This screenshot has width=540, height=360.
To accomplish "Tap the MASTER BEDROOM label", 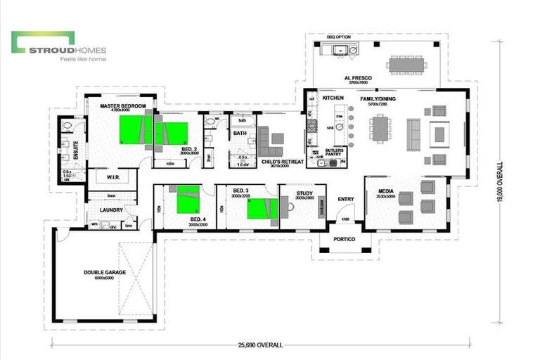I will tap(122, 105).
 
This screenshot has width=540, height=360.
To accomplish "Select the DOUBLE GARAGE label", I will tap(104, 272).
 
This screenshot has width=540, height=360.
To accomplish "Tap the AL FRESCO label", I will tap(357, 78).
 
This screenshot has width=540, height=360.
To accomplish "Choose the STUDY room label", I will tap(304, 193).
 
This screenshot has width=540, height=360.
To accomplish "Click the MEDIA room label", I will tap(386, 191).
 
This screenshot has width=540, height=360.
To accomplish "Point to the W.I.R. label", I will tap(115, 178).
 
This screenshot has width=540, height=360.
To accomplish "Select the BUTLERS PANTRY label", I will tap(333, 152).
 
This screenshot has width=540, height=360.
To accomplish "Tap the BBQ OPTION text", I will tap(338, 36).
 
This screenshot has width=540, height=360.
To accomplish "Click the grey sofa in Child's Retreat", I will tap(269, 143).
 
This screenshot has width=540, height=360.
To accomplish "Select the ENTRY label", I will tap(346, 199).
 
